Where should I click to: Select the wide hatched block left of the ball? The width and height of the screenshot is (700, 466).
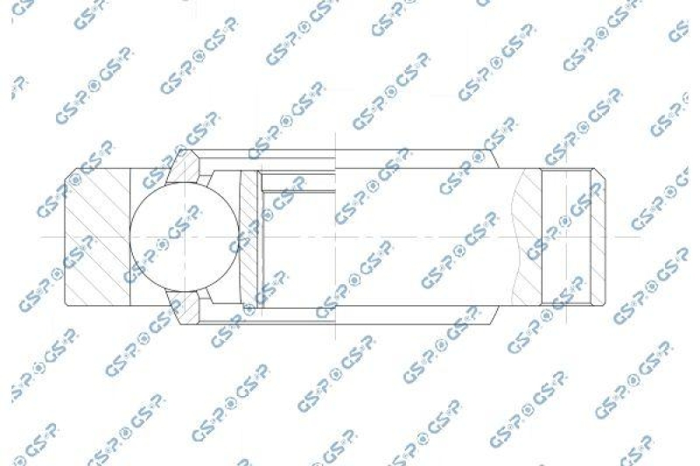(98, 237)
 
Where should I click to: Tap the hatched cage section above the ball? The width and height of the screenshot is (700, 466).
(183, 167)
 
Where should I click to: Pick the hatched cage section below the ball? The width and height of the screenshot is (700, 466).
(183, 308)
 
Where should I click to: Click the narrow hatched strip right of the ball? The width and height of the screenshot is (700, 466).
(249, 237)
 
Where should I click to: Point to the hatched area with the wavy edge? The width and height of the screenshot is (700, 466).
(528, 237)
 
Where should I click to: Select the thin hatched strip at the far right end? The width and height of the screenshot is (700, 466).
(598, 237)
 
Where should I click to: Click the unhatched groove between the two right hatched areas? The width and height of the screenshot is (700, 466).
(566, 237)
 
